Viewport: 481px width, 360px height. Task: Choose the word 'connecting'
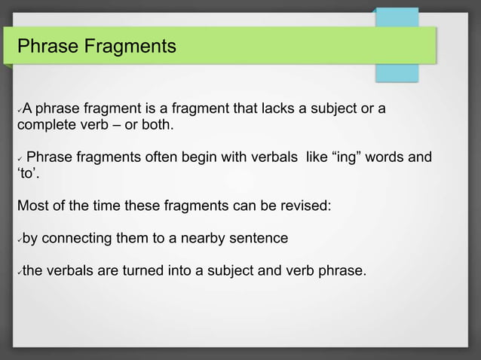pyautogui.click(x=78, y=239)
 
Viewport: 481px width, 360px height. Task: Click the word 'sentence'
pyautogui.click(x=261, y=239)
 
